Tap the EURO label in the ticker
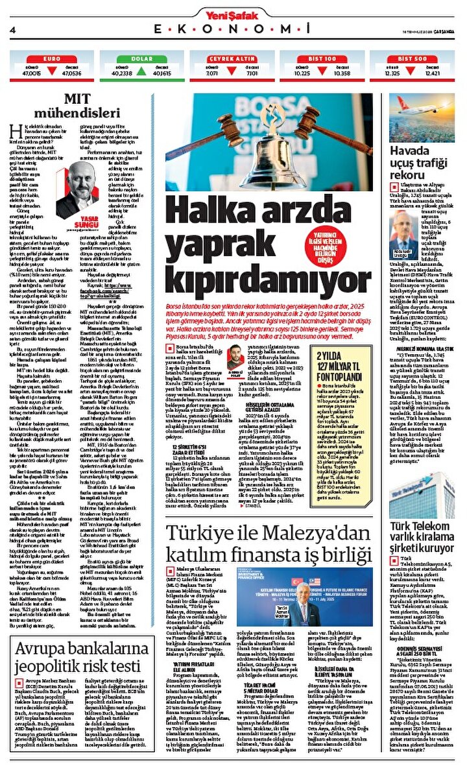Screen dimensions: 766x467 51,58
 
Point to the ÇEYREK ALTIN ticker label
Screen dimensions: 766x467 231,58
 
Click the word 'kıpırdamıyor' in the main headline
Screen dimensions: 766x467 268,265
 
